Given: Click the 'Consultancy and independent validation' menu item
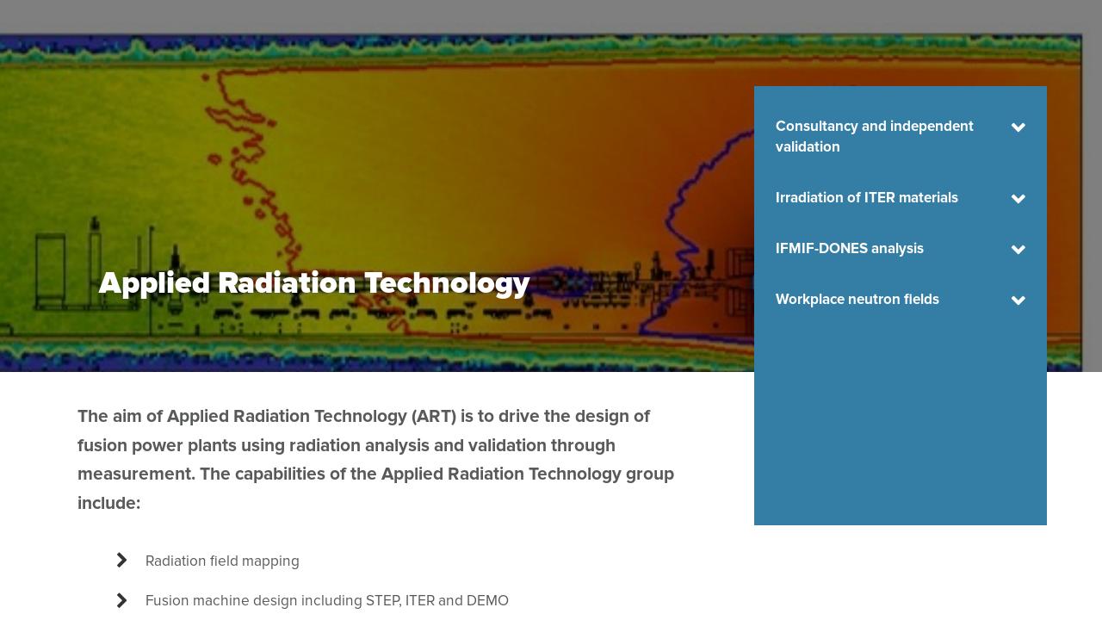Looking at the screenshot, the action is click(x=874, y=136).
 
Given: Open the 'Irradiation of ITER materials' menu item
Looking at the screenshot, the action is click(x=866, y=198).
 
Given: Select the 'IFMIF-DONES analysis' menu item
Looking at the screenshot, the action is click(x=849, y=249).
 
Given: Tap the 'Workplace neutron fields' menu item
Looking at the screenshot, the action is click(x=857, y=299).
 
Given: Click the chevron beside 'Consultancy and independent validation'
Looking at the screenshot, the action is click(x=1018, y=127).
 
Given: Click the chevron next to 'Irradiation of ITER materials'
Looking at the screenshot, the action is click(x=1018, y=199).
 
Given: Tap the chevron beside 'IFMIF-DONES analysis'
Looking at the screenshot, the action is click(x=1018, y=250).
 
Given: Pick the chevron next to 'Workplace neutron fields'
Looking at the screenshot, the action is click(x=1018, y=301).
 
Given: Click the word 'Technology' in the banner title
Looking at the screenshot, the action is click(x=447, y=284).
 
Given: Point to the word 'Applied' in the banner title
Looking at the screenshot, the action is click(x=154, y=284).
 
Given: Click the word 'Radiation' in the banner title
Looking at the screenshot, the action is click(x=287, y=283).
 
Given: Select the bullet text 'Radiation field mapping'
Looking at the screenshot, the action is click(x=222, y=561).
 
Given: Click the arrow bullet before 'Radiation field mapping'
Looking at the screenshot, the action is click(x=121, y=560).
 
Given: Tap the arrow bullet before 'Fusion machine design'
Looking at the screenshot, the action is click(x=121, y=600).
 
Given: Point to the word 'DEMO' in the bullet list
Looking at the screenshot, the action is click(x=487, y=601).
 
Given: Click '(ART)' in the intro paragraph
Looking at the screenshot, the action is click(x=433, y=417).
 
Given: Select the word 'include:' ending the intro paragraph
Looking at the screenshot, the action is click(x=108, y=503).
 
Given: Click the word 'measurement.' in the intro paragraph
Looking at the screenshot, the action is click(x=136, y=474).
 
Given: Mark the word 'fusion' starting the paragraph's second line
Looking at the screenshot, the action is click(x=102, y=445).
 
